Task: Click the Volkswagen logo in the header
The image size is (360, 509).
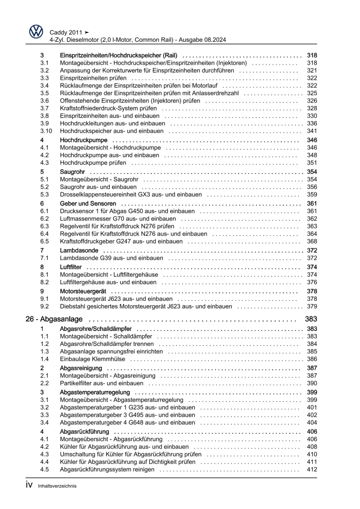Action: coord(36,32)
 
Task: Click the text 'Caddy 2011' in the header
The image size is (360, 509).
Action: coord(66,32)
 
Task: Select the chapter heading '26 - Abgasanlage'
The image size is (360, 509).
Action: coord(54,319)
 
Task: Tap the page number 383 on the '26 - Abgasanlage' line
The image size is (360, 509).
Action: coord(311,319)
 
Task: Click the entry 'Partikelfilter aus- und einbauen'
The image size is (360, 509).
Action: coord(102,383)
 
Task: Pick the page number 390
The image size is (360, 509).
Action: coord(312,383)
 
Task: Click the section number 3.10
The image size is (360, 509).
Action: coord(46,131)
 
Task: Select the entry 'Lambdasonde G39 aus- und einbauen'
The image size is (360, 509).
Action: coord(111,258)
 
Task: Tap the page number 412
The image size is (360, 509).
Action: coord(312,469)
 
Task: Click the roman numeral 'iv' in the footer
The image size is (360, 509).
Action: coord(29,485)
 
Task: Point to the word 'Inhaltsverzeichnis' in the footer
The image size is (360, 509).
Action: coord(57,486)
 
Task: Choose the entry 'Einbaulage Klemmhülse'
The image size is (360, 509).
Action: coord(93,359)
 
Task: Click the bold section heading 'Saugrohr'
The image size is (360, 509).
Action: coord(72,172)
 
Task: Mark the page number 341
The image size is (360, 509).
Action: coord(312,131)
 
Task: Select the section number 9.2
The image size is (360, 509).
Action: coord(44,307)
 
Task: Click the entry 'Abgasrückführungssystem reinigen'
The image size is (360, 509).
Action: coord(107,469)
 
